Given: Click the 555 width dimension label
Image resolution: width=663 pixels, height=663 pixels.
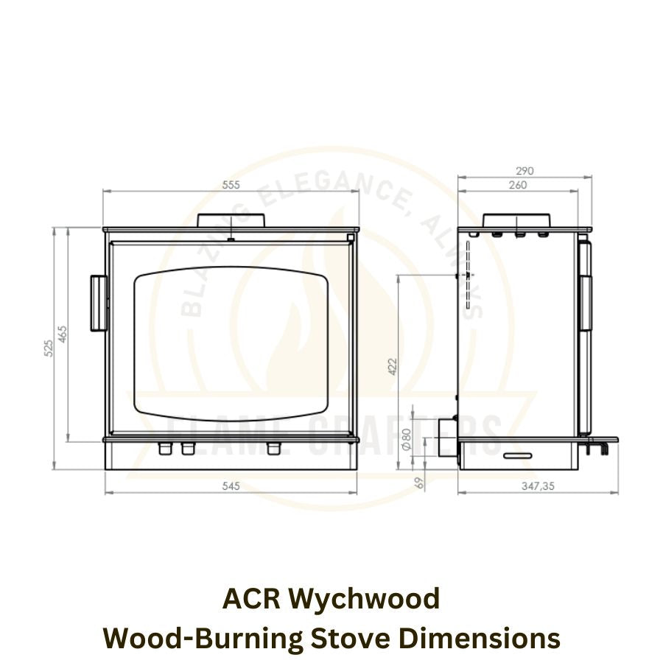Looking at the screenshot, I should click(x=231, y=186).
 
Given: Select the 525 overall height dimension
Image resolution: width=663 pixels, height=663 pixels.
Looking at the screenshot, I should click(x=49, y=348).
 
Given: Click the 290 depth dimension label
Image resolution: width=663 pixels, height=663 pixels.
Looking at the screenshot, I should click(x=525, y=171).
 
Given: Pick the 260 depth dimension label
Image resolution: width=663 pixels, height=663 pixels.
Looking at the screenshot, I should click(x=518, y=185).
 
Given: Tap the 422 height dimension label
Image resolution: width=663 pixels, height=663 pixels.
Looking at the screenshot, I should click(x=392, y=365).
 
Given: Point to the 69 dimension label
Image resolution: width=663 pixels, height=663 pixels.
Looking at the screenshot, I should click(x=421, y=482).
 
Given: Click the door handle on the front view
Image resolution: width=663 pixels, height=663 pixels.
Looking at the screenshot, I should click(x=97, y=303).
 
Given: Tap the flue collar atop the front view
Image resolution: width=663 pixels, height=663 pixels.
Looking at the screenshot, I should click(x=231, y=220).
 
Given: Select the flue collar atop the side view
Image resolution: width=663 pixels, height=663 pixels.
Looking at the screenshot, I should click(x=516, y=220).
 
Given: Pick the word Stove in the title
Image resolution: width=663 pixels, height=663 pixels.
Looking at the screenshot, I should click(x=347, y=637).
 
